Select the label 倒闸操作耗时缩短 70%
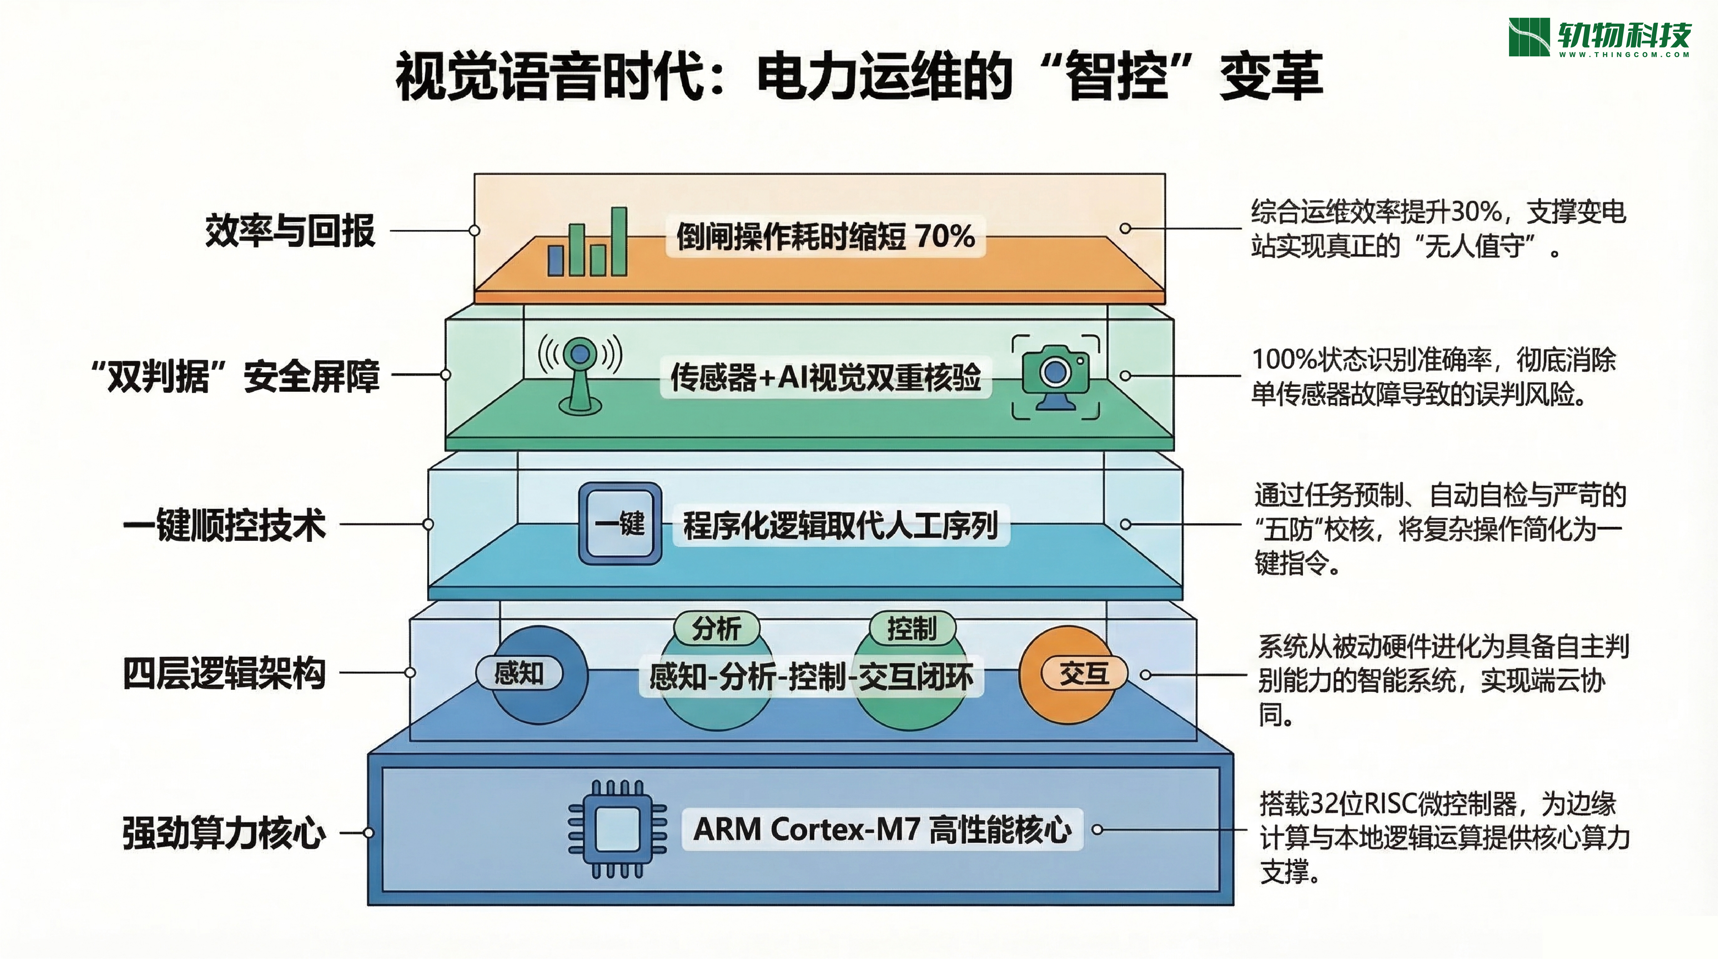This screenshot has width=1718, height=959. click(x=825, y=236)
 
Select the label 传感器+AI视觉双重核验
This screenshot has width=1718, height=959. click(x=826, y=378)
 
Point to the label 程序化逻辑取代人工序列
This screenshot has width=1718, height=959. click(x=840, y=525)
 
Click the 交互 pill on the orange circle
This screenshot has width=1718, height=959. click(x=1084, y=674)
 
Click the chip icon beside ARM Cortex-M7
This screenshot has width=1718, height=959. click(x=617, y=829)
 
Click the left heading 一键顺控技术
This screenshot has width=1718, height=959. click(x=225, y=525)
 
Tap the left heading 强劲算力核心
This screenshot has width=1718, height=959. click(x=224, y=833)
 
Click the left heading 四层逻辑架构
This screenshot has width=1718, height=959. click(x=224, y=673)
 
